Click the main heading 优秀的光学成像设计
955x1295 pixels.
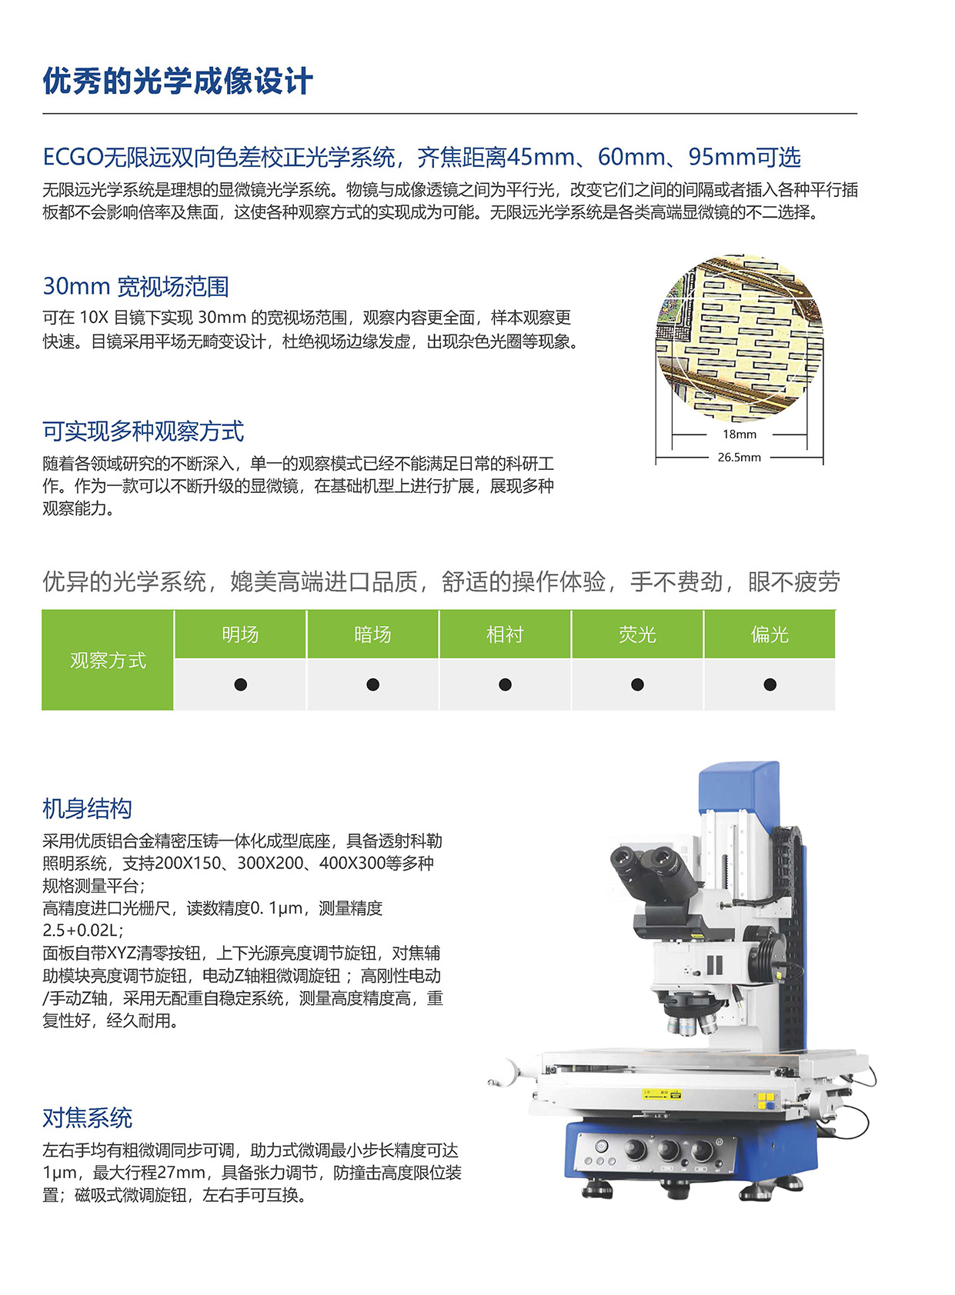(x=178, y=82)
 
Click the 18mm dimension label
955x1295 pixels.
(x=739, y=434)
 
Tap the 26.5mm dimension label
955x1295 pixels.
(x=739, y=458)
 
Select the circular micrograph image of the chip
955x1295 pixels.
(x=739, y=338)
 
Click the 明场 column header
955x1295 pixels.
(x=240, y=634)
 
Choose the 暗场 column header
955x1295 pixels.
(x=372, y=634)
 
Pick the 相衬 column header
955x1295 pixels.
(x=505, y=634)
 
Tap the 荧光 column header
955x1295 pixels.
(x=637, y=634)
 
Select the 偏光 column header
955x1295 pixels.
(x=770, y=634)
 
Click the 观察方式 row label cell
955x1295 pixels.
(x=108, y=661)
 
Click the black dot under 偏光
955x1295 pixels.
(x=770, y=684)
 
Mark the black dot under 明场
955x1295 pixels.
(x=240, y=684)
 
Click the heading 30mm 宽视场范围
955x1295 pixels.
(x=136, y=287)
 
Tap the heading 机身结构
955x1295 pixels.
(x=87, y=809)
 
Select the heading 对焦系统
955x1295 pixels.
(x=87, y=1118)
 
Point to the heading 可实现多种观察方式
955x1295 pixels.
(x=143, y=431)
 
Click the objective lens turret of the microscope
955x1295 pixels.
(x=691, y=1015)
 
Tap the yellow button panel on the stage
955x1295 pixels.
(x=766, y=1101)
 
